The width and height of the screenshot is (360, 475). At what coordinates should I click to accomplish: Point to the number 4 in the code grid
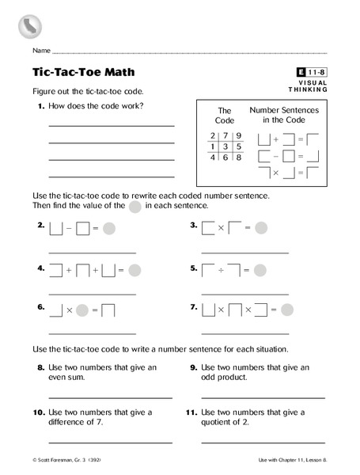pos(211,158)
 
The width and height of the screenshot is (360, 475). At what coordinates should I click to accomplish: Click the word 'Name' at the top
pos(42,50)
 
